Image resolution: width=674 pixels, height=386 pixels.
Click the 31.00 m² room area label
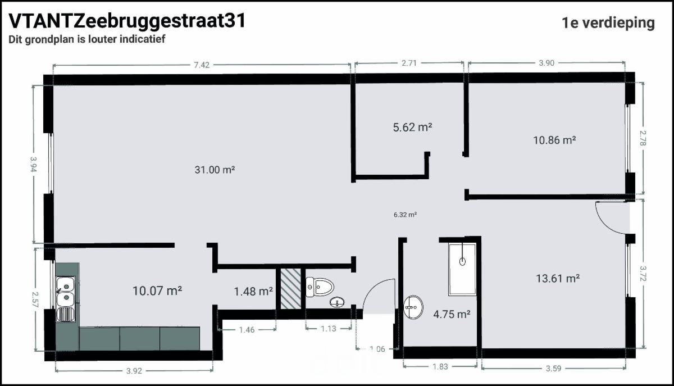coord(215,170)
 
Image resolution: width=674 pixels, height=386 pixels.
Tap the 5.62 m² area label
coord(412,128)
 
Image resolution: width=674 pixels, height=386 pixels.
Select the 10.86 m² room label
coord(554,140)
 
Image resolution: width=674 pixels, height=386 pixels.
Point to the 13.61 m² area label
coord(558,278)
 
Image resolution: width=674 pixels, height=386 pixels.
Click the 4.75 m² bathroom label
coord(452,314)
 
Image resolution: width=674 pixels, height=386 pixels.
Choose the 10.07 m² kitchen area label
coord(157,291)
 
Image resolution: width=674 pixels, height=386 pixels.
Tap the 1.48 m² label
coord(253,291)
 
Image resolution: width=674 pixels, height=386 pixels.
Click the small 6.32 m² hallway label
coord(405,215)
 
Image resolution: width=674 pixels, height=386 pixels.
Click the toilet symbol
coord(320,287)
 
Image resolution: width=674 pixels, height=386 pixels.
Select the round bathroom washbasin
coord(413,307)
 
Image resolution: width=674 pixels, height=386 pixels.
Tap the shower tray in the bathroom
coord(462,270)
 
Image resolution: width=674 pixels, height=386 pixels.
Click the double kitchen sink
coord(65,299)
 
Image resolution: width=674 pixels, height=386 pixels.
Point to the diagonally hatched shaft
coord(291,288)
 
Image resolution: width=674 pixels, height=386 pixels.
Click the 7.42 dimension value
coord(201,65)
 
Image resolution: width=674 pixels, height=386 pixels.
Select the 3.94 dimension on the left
coord(33,165)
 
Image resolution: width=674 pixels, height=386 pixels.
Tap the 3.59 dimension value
coord(553,369)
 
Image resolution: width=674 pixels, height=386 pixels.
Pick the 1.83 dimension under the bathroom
coord(440,367)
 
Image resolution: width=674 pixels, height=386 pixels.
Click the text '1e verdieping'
coord(608,23)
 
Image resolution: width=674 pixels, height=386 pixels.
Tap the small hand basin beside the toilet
coord(338,302)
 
